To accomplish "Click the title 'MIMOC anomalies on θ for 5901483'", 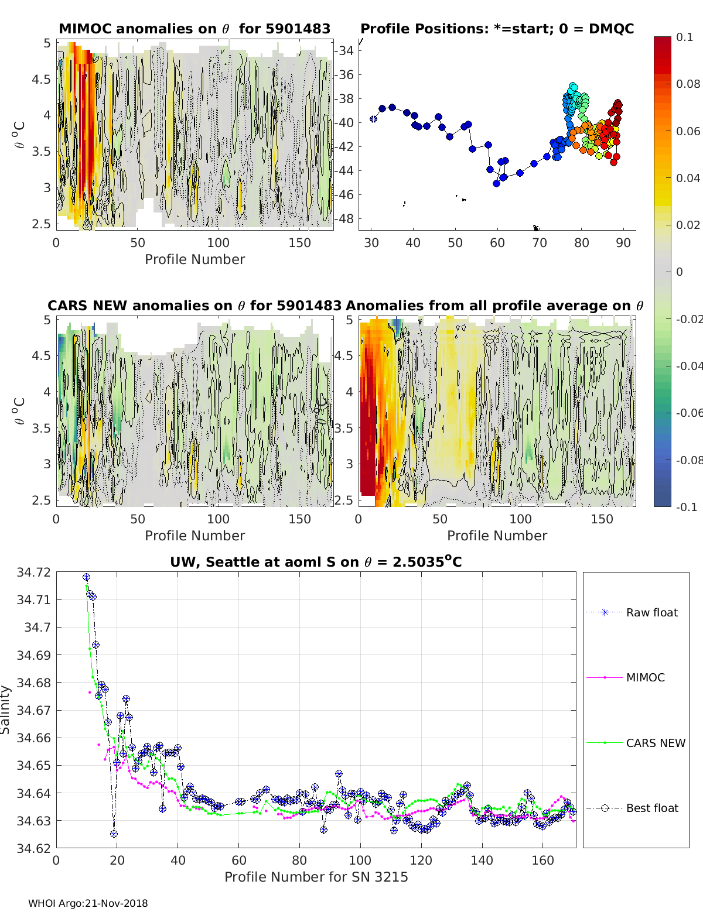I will (194, 29).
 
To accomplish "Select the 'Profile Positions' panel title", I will (497, 29).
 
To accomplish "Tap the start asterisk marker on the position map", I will (373, 119).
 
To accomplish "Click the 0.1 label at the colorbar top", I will (684, 37).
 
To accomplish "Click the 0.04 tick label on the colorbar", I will (688, 178).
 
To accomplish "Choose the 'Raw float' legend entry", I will (651, 612).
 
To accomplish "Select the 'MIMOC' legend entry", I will (645, 677).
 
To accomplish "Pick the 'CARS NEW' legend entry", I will (655, 743).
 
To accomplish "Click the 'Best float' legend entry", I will (651, 808).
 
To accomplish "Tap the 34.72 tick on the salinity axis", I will (33, 572).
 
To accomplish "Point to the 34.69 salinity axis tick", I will (33, 655).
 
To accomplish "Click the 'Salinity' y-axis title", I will (6, 710).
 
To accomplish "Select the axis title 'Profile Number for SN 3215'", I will (316, 877).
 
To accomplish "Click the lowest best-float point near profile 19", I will (114, 834).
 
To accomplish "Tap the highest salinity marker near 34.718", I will (86, 577).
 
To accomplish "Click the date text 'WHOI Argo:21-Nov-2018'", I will (88, 903).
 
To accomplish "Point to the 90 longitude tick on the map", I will (623, 242).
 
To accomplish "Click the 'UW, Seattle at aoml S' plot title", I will (316, 562).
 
